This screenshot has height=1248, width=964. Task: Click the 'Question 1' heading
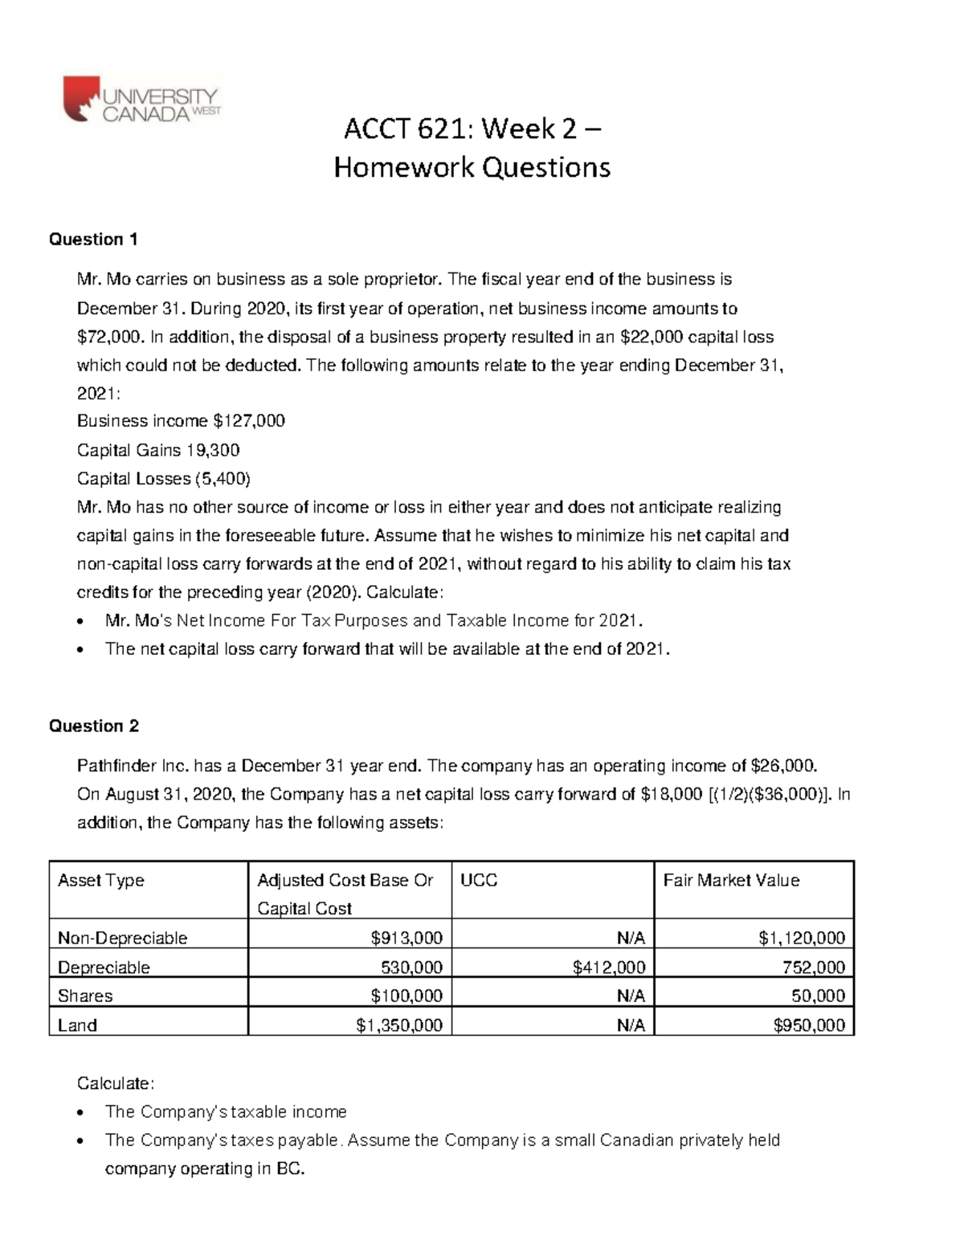pyautogui.click(x=93, y=239)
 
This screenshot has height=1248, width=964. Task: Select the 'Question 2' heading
pyautogui.click(x=93, y=726)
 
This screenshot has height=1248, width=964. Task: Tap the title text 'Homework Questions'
pyautogui.click(x=472, y=167)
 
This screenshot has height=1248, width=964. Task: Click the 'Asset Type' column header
pyautogui.click(x=100, y=881)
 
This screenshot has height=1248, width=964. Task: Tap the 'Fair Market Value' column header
pyautogui.click(x=731, y=881)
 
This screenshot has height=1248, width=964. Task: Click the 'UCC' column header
pyautogui.click(x=479, y=881)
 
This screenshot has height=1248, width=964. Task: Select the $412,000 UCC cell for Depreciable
pyautogui.click(x=608, y=968)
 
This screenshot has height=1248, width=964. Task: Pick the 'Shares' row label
pyautogui.click(x=85, y=996)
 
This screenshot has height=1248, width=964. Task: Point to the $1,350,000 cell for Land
pyautogui.click(x=399, y=1025)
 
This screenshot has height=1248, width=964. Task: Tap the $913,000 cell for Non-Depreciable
pyautogui.click(x=406, y=939)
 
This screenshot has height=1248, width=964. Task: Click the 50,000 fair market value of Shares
pyautogui.click(x=819, y=996)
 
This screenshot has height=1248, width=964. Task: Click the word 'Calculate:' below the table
pyautogui.click(x=115, y=1083)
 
